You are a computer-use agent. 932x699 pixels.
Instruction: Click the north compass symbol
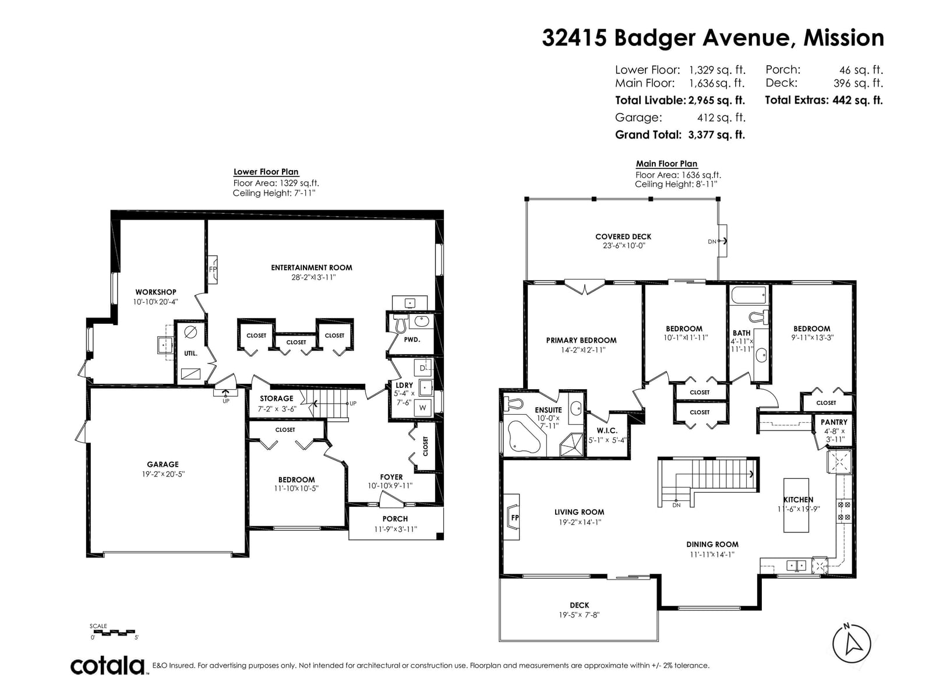[x=851, y=644]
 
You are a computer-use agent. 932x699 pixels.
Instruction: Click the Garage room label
[x=163, y=464]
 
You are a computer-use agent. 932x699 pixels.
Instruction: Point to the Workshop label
[x=156, y=292]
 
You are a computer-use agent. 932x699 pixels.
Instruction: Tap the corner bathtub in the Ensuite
[x=524, y=436]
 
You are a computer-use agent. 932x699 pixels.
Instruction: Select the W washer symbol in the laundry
[x=422, y=408]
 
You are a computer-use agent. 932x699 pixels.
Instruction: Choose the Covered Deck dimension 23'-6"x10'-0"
[x=624, y=246]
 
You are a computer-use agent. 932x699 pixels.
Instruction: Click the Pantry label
[x=834, y=422]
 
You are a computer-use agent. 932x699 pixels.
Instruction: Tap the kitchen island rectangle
[x=796, y=505]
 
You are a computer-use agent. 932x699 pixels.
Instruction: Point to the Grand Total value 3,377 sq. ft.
[x=716, y=135]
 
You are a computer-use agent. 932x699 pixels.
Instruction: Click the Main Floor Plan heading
[x=666, y=164]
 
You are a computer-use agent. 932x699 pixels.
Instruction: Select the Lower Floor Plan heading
[x=266, y=172]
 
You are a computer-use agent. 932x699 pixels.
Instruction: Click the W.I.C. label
[x=607, y=430]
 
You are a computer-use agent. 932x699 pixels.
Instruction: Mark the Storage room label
[x=277, y=398]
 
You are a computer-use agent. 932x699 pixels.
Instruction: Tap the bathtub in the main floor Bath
[x=749, y=295]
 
